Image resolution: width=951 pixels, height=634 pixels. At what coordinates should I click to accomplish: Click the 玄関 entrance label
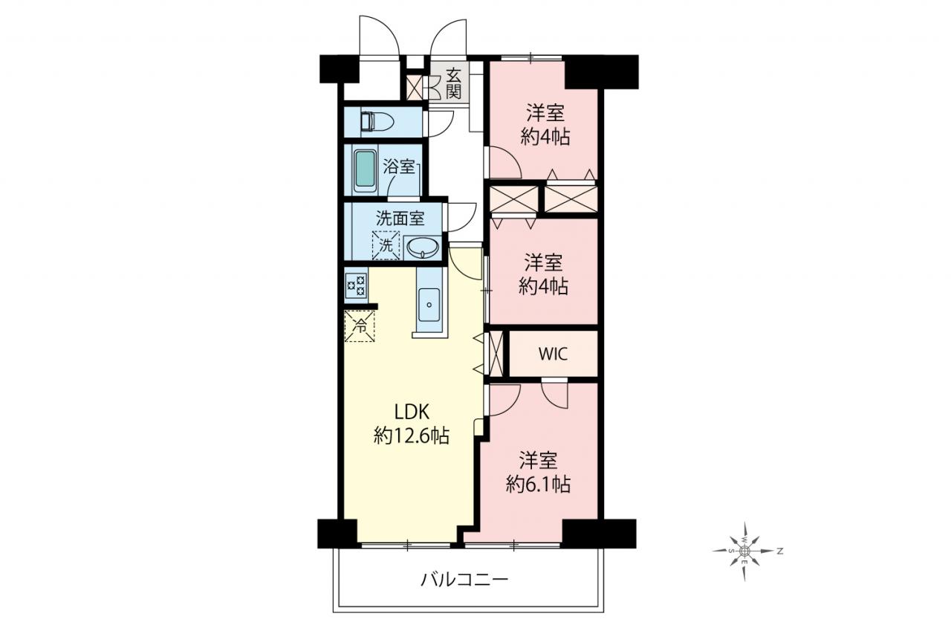pyautogui.click(x=453, y=84)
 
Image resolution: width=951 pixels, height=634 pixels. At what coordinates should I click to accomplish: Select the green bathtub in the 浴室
pyautogui.click(x=365, y=169)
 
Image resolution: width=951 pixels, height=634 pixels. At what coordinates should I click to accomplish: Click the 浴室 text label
pyautogui.click(x=399, y=166)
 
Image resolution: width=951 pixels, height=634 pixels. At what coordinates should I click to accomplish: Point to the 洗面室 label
pyautogui.click(x=400, y=219)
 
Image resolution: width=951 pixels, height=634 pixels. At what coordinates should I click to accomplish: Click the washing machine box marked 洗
pyautogui.click(x=386, y=245)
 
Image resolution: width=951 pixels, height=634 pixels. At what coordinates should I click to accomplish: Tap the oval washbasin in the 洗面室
pyautogui.click(x=423, y=248)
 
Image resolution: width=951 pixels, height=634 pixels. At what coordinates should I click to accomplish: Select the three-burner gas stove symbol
pyautogui.click(x=356, y=285)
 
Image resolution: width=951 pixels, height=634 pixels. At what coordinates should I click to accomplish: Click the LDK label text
pyautogui.click(x=412, y=412)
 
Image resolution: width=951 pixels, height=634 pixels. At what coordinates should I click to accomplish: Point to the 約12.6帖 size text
pyautogui.click(x=412, y=436)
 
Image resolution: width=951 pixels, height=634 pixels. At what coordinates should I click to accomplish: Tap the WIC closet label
pyautogui.click(x=554, y=354)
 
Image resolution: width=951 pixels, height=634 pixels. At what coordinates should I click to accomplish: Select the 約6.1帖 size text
pyautogui.click(x=538, y=484)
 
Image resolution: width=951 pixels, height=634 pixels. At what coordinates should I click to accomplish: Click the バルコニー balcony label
pyautogui.click(x=464, y=579)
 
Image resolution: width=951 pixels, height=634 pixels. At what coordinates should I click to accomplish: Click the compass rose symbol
pyautogui.click(x=745, y=551)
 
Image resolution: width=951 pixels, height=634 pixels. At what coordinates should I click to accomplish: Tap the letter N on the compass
pyautogui.click(x=780, y=551)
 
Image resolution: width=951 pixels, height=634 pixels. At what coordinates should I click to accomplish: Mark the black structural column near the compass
pyautogui.click(x=599, y=534)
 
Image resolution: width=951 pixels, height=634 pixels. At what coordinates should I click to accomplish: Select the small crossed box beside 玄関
pyautogui.click(x=415, y=87)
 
